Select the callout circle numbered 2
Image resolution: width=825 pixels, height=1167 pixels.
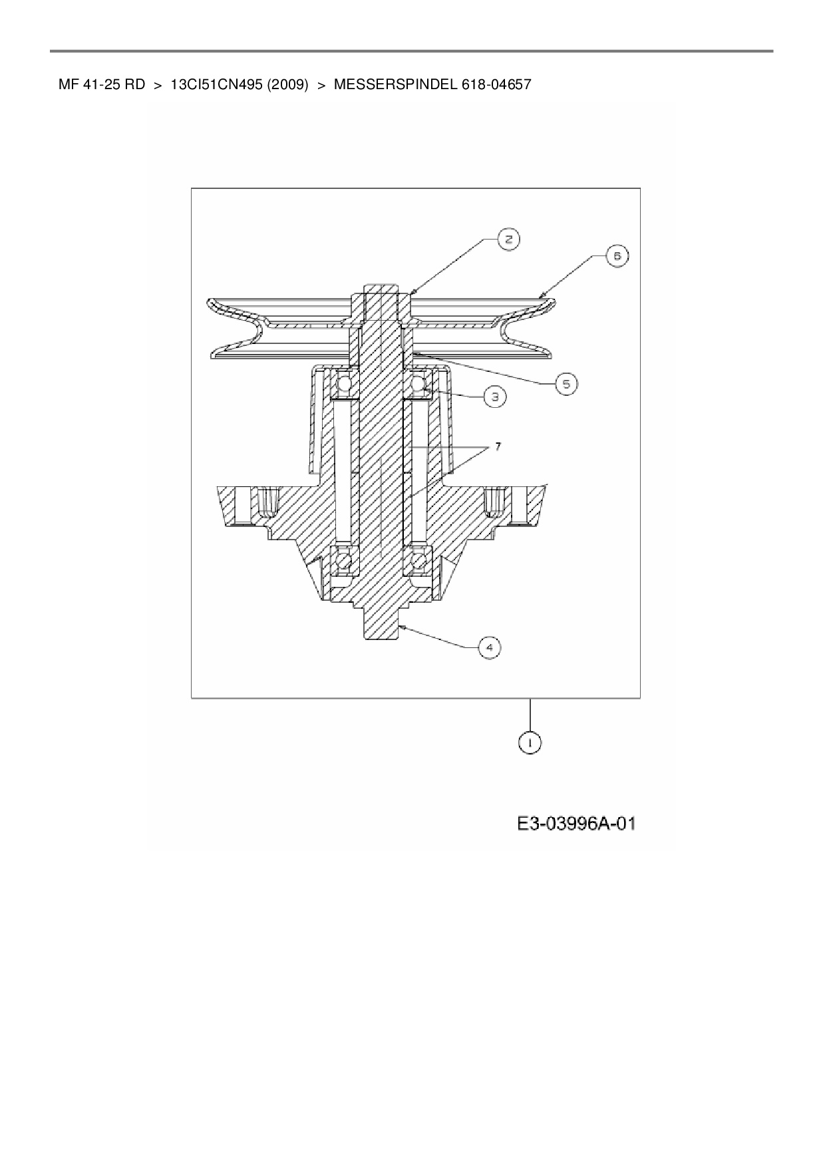pyautogui.click(x=509, y=240)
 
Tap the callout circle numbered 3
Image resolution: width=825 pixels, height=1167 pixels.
pyautogui.click(x=494, y=397)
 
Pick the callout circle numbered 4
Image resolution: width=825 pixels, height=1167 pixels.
pyautogui.click(x=489, y=647)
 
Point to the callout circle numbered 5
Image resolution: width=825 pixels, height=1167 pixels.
pyautogui.click(x=566, y=384)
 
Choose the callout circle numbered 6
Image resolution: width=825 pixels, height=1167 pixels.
pyautogui.click(x=617, y=256)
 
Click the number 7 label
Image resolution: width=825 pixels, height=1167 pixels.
pyautogui.click(x=497, y=446)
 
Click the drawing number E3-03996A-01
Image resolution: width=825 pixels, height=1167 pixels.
pyautogui.click(x=576, y=824)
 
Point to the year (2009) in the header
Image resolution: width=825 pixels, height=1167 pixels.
pyautogui.click(x=287, y=85)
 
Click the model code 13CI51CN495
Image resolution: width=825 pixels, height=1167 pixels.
pyautogui.click(x=217, y=85)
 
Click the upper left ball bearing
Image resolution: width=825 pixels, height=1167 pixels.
pyautogui.click(x=345, y=384)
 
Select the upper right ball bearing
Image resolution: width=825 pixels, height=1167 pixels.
pyautogui.click(x=418, y=384)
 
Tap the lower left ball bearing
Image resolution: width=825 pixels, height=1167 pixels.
pyautogui.click(x=345, y=562)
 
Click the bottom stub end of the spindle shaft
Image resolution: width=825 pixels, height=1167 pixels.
pyautogui.click(x=381, y=625)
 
